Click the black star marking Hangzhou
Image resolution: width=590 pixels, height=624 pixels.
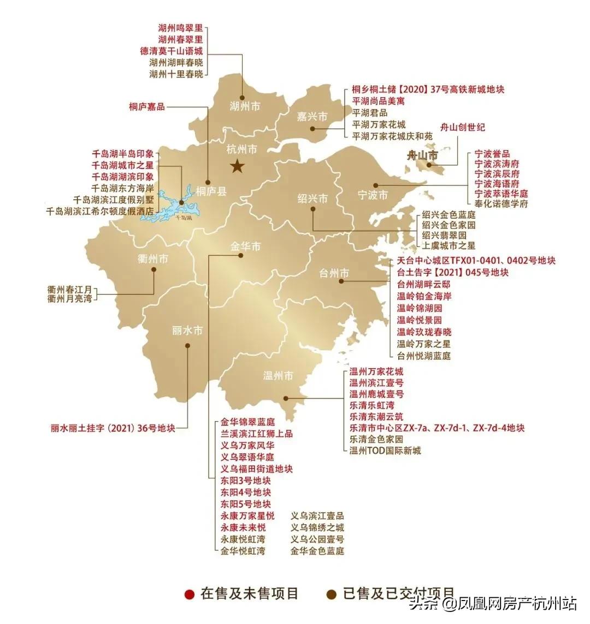tap(237, 166)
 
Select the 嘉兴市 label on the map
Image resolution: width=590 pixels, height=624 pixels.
tap(312, 116)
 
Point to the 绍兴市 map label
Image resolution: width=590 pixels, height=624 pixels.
tap(313, 198)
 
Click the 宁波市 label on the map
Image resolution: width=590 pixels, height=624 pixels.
tap(373, 195)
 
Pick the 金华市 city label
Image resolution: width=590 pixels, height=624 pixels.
tap(245, 247)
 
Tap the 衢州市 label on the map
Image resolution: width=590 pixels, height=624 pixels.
tap(153, 259)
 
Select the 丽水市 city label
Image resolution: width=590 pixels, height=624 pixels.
tap(187, 331)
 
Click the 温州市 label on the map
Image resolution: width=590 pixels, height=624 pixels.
tap(278, 375)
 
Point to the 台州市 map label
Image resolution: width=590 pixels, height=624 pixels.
tap(334, 273)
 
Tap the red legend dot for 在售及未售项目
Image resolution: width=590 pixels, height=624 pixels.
tap(190, 594)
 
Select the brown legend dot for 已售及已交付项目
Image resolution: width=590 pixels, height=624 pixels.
tap(331, 594)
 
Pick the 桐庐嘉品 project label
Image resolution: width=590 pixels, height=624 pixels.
tap(146, 106)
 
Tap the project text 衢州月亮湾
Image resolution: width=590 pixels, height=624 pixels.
tap(69, 299)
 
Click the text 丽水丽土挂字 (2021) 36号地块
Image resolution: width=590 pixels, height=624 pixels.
tap(113, 428)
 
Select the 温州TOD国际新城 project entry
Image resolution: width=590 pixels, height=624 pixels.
tap(385, 451)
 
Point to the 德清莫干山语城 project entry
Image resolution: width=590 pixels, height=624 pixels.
tap(172, 51)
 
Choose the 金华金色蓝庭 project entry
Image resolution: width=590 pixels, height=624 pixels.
tap(317, 551)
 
